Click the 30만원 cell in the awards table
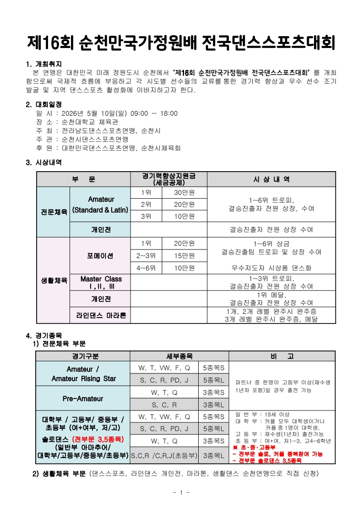tap(184, 193)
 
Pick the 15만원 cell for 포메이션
tap(184, 255)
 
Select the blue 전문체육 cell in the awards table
tap(53, 212)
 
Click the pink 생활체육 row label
tap(53, 280)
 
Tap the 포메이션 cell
tap(100, 255)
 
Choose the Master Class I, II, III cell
tap(101, 282)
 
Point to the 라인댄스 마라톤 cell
tap(101, 315)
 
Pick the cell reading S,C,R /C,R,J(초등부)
tap(164, 456)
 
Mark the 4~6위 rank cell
tap(146, 268)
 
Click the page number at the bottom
tap(181, 492)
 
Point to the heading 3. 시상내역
tap(44, 162)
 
